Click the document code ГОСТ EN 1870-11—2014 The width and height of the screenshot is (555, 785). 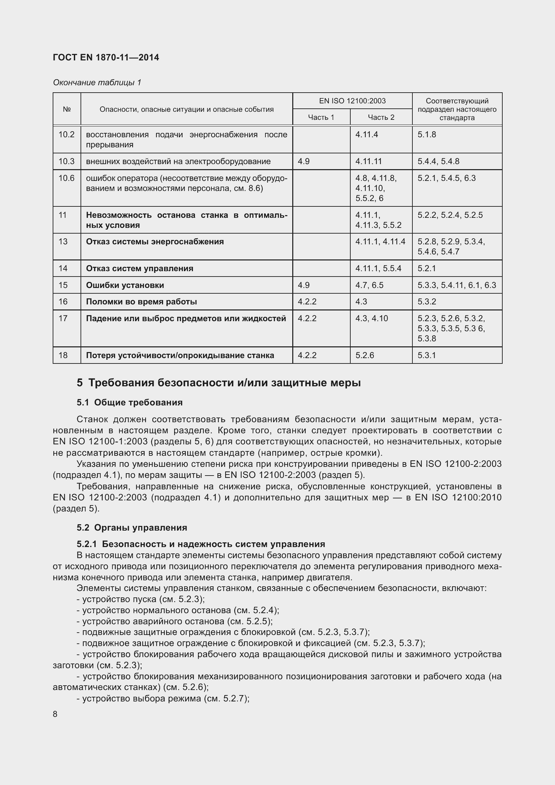[x=106, y=57]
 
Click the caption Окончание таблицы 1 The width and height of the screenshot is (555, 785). [x=97, y=83]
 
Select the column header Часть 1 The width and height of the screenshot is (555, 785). [x=321, y=117]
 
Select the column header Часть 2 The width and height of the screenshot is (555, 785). [x=381, y=117]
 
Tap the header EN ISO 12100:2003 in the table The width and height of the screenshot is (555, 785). [x=352, y=101]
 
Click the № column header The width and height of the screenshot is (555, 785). [x=67, y=109]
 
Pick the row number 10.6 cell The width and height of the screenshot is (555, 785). [x=67, y=178]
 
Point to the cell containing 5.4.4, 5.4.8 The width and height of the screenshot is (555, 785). [x=438, y=161]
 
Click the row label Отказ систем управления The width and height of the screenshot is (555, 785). [x=140, y=268]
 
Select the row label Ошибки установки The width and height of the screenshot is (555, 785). [x=125, y=285]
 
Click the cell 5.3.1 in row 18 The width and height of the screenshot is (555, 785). [x=426, y=355]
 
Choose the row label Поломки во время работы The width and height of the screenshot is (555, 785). [x=141, y=302]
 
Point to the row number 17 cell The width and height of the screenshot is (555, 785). [x=63, y=318]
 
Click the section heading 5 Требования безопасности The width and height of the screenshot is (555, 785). [x=219, y=383]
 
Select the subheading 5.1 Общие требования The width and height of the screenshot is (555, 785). [x=130, y=402]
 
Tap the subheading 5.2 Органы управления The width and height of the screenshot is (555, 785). [x=132, y=528]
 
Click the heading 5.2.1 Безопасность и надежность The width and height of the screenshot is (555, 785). [x=201, y=544]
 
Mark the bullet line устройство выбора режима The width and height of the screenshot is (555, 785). [x=163, y=698]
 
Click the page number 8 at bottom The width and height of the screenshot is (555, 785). [x=55, y=714]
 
